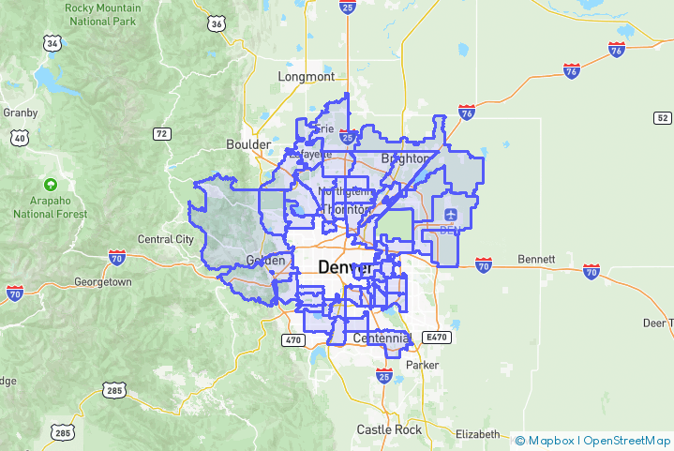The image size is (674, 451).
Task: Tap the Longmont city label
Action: click(307, 76)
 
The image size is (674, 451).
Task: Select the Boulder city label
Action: click(248, 144)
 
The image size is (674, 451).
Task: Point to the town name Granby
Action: click(20, 113)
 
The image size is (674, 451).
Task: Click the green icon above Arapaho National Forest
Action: click(51, 185)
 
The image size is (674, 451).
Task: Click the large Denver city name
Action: click(345, 268)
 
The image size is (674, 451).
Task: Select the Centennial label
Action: click(382, 338)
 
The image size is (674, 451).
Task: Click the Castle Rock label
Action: click(389, 429)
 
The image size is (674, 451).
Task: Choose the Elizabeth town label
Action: click(477, 434)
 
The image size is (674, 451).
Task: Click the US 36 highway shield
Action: click(217, 23)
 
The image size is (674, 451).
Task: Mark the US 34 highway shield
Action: click(52, 43)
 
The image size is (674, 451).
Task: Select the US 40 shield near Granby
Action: click(20, 138)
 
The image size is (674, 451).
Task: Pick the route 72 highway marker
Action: click(162, 134)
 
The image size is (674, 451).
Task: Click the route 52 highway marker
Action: click(662, 117)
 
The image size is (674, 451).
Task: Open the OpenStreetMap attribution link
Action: click(626, 440)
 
